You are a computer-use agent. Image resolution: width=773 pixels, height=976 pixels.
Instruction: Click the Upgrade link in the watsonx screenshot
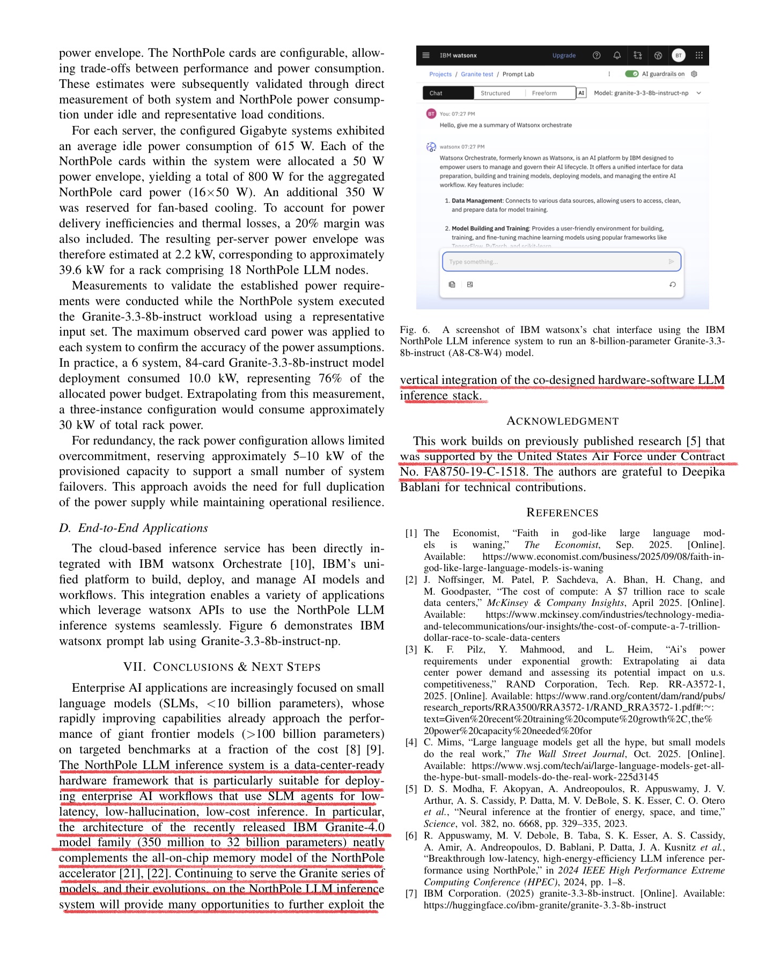564,55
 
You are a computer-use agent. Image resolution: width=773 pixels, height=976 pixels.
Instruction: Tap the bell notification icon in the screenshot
617,55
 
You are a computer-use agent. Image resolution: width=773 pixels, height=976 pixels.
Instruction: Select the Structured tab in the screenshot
495,93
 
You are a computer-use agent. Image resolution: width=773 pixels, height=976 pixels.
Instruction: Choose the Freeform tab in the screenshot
544,93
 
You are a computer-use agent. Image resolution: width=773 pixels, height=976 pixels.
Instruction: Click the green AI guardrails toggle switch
631,74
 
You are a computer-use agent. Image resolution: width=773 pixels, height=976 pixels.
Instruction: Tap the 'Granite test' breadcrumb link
477,75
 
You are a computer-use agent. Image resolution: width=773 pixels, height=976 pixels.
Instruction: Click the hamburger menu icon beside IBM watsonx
426,55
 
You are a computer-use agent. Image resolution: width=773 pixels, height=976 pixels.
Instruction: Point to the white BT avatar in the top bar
679,55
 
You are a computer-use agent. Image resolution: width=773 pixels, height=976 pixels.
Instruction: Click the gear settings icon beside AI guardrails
694,74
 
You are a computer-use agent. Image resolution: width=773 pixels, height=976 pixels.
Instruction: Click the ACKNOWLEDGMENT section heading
562,422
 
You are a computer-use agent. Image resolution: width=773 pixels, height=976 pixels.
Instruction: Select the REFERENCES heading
562,513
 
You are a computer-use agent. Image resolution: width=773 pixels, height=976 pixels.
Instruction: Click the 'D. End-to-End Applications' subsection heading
134,528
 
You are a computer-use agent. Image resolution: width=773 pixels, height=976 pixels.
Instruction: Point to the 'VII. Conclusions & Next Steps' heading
222,667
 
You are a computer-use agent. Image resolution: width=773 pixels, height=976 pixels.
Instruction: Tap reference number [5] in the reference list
411,789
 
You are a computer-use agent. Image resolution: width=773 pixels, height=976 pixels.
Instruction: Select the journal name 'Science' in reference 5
439,824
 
